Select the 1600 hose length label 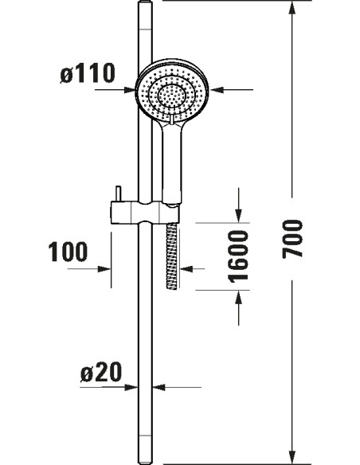(x=238, y=256)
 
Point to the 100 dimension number (x=68, y=253)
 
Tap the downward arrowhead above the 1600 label (x=239, y=215)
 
